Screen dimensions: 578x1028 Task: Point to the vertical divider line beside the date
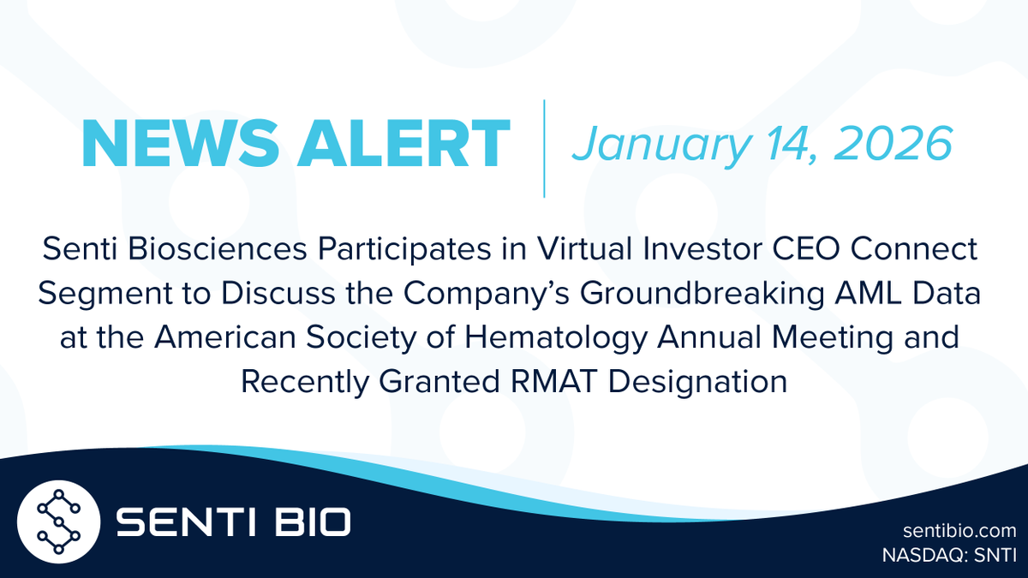(x=544, y=147)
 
